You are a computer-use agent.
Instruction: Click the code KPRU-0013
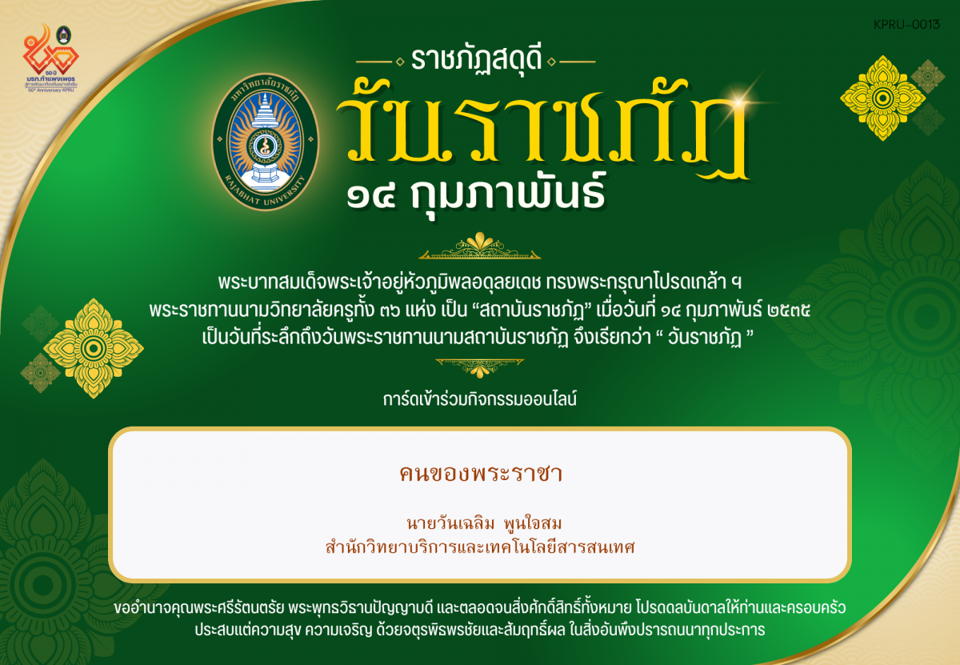point(907,25)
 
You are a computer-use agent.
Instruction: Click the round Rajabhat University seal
point(265,142)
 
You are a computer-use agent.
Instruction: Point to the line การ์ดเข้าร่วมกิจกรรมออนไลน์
point(480,398)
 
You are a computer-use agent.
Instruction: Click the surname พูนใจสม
point(533,525)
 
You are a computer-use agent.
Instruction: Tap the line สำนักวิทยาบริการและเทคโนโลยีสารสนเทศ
point(480,548)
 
